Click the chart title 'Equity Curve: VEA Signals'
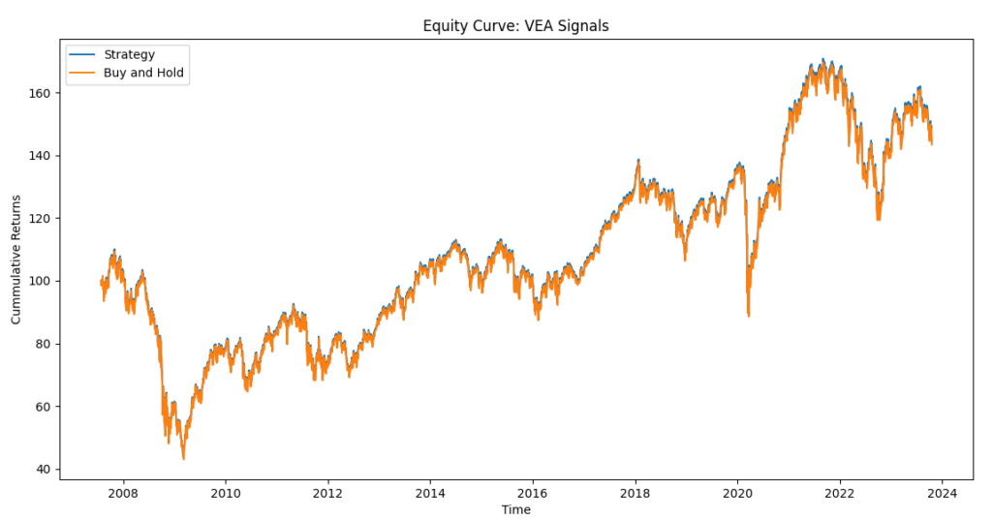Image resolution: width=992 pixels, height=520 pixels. tap(515, 26)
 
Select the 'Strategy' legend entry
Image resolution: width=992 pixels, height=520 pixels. tap(129, 54)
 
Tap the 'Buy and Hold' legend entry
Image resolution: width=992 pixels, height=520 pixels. tap(144, 74)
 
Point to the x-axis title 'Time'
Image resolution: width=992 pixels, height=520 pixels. tap(515, 509)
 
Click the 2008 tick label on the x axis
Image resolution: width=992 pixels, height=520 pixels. tap(123, 492)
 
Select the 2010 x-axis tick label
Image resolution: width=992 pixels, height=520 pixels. tap(226, 492)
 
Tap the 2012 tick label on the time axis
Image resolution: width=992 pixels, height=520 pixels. tap(328, 492)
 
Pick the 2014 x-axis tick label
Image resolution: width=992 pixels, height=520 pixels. tap(430, 492)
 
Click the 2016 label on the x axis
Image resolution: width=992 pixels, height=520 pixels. tap(533, 492)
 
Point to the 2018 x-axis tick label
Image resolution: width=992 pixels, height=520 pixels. tap(635, 492)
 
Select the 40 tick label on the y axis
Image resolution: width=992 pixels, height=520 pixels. tap(42, 470)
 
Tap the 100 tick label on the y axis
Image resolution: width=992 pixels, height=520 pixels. tap(39, 282)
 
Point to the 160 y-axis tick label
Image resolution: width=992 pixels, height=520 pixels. tap(39, 94)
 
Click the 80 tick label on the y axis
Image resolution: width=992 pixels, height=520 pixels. tap(42, 345)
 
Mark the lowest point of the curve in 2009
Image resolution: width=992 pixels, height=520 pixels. tap(183, 458)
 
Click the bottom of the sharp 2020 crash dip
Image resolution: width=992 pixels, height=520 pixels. tap(748, 316)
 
